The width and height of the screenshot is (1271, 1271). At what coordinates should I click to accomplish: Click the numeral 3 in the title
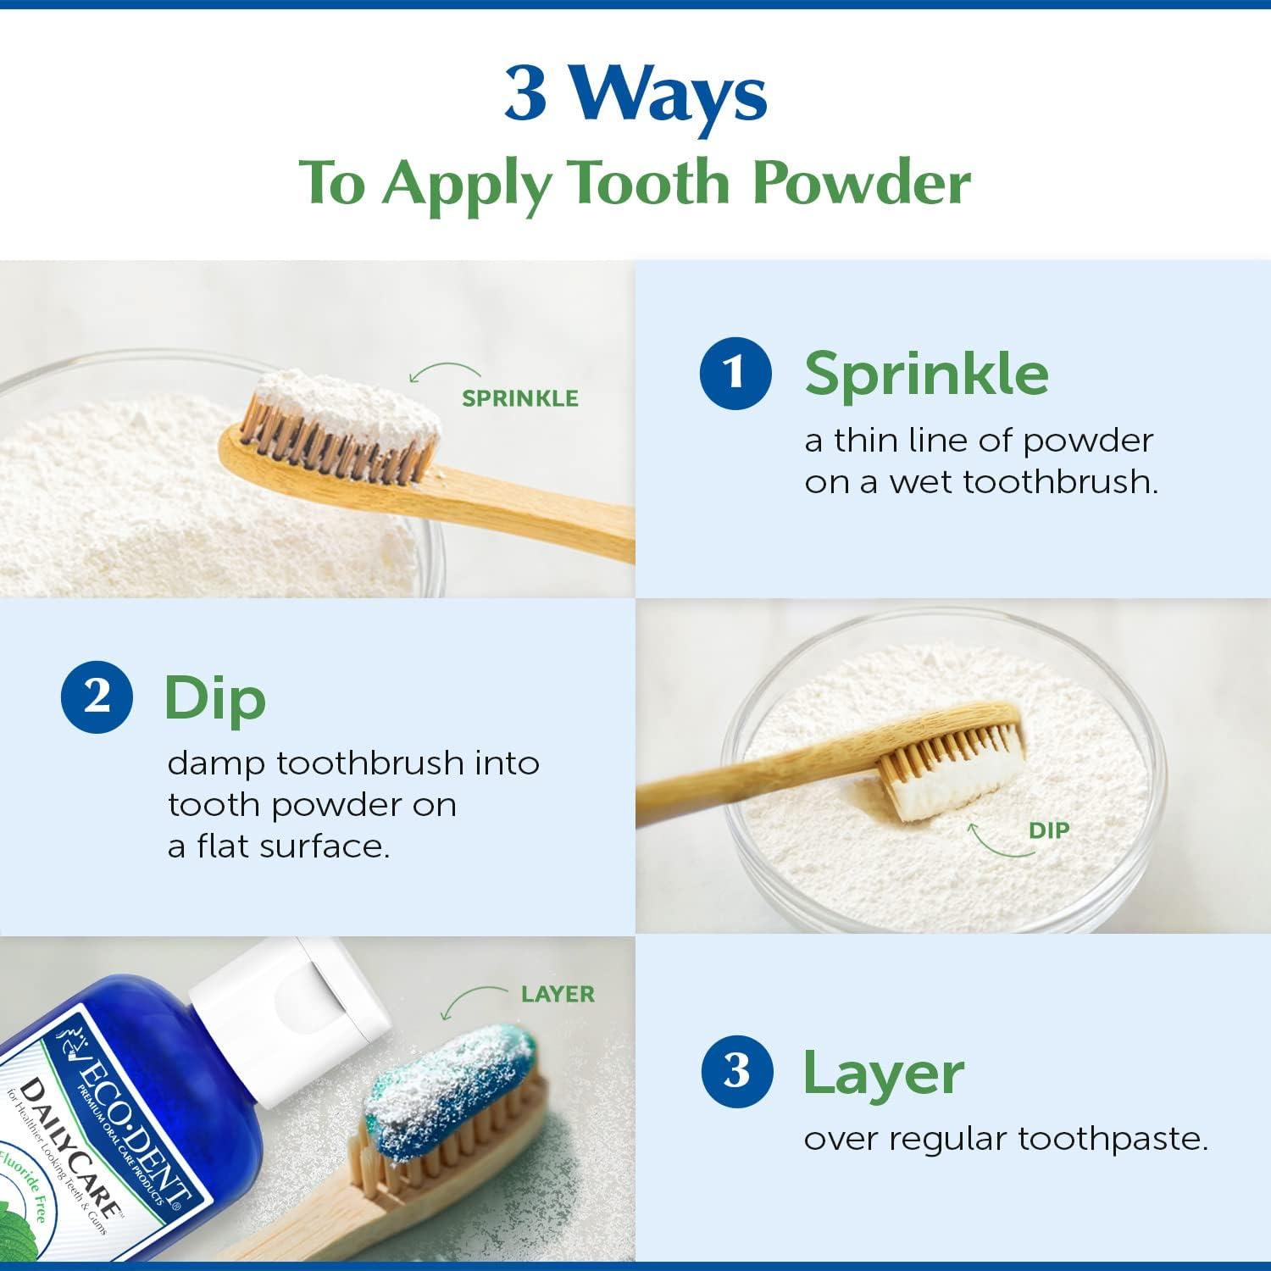pos(525,94)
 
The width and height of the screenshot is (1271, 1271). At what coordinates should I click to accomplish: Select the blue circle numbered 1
pos(735,372)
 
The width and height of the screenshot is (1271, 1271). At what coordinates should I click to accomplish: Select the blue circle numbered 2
pos(97,697)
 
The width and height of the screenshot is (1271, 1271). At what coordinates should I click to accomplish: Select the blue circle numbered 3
pos(736,1071)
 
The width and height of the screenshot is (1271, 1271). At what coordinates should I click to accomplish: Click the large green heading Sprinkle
pos(926,373)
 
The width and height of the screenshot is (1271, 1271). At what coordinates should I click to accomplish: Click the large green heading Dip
pos(214,698)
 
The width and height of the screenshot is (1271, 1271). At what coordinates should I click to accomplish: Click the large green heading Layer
pos(883,1073)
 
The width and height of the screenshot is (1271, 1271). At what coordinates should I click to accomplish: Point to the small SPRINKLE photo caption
pos(519,398)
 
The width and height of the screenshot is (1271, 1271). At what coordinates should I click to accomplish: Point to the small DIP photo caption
pos(1049,831)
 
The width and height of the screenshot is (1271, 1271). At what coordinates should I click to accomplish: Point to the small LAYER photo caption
pos(558,994)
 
